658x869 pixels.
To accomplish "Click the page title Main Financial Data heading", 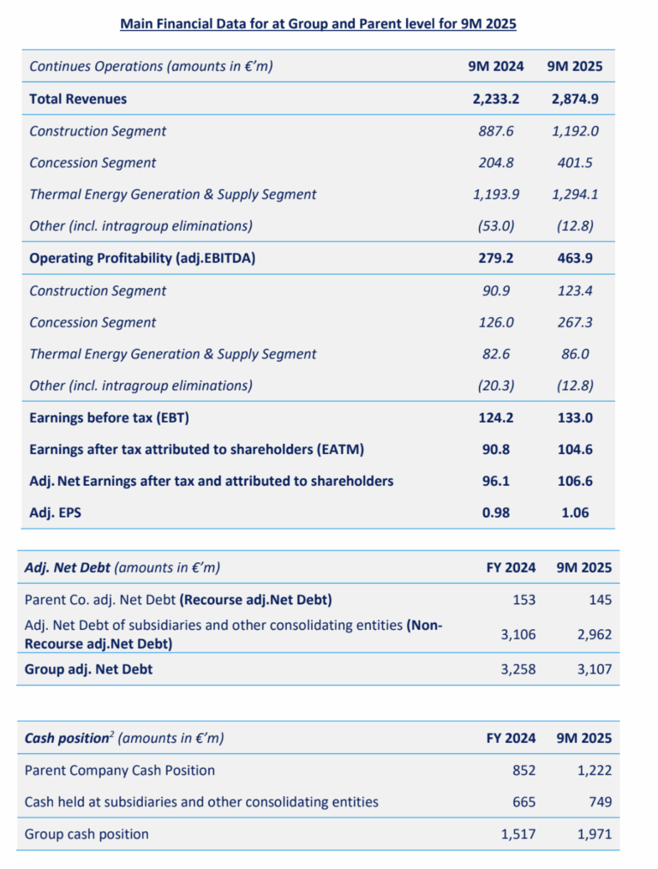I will click(x=318, y=24).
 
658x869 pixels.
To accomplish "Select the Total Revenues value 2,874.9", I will click(x=576, y=99).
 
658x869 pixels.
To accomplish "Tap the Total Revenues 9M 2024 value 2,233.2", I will click(x=495, y=99).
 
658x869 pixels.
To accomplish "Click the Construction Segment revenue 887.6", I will click(x=497, y=131).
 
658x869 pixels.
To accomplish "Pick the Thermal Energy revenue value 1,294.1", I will click(x=576, y=195).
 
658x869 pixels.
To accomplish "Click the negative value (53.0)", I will click(x=497, y=226).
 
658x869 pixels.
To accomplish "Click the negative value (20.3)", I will click(x=497, y=386).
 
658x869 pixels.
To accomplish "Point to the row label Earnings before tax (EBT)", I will click(x=109, y=418).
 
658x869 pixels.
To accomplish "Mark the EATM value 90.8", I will click(x=497, y=450).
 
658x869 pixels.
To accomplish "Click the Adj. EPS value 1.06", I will click(x=576, y=513).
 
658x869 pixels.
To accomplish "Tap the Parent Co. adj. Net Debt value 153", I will click(x=523, y=599).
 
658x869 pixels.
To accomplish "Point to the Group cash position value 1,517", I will click(x=517, y=834).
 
